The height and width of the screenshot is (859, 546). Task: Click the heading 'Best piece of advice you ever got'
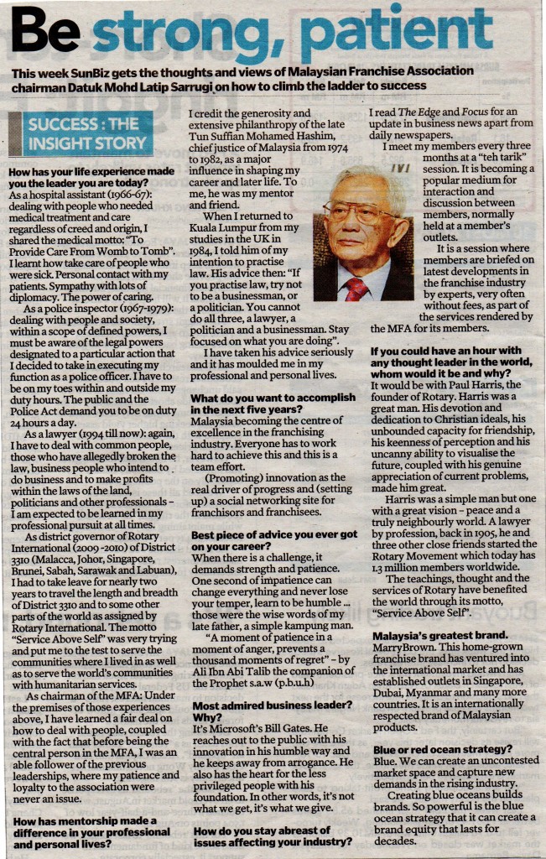point(273,534)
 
